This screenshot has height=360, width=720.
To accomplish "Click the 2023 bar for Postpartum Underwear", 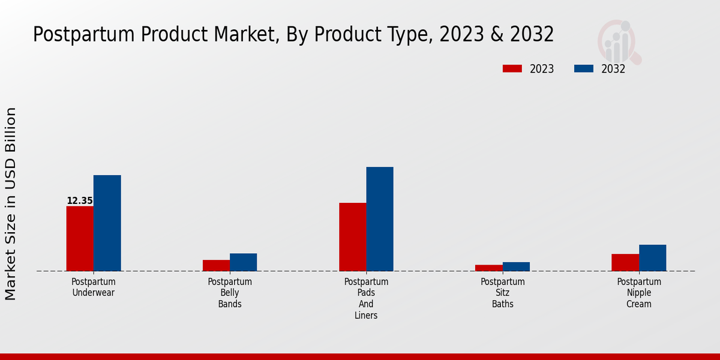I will (x=80, y=238).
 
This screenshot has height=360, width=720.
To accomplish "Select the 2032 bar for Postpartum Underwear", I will (x=107, y=223).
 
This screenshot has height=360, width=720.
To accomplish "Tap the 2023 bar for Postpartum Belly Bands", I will (x=216, y=265).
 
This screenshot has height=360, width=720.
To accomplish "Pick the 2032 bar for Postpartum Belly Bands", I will (x=243, y=262).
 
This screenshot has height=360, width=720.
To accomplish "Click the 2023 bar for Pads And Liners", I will (x=352, y=236).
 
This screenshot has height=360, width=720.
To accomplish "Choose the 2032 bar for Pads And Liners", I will (x=380, y=218).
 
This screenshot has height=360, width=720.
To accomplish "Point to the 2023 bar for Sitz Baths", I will (x=488, y=268).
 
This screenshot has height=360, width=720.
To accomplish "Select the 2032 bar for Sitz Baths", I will (x=516, y=266).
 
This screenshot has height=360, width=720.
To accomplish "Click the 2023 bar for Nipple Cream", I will (x=625, y=262).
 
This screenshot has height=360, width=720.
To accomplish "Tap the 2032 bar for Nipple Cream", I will (x=652, y=257).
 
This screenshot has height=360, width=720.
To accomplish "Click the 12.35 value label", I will (x=80, y=201).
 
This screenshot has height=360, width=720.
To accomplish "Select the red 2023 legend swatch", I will (x=512, y=68).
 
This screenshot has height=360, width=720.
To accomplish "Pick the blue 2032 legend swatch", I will (x=583, y=68).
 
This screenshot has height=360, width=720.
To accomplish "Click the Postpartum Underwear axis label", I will (x=93, y=287).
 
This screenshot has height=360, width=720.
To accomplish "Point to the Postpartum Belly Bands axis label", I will (x=230, y=293).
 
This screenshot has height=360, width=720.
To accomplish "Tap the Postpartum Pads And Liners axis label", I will (x=366, y=298).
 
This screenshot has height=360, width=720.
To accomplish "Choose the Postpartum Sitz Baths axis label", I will (x=503, y=293).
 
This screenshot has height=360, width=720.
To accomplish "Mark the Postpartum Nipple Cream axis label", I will (x=639, y=293).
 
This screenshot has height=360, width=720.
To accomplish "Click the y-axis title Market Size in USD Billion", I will (x=11, y=204).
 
